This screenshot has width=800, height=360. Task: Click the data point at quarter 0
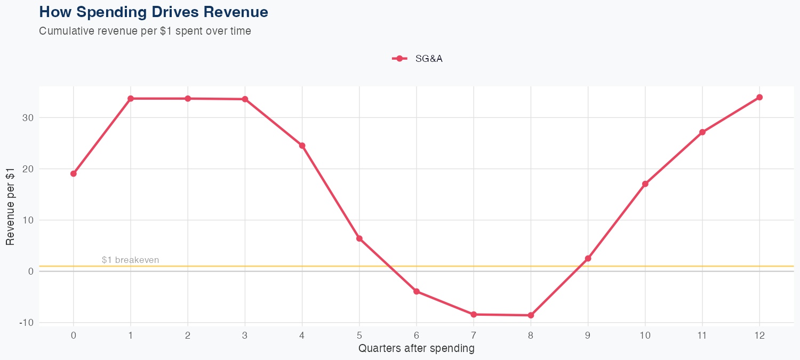(x=74, y=173)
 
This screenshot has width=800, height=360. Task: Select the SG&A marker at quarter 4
(x=302, y=146)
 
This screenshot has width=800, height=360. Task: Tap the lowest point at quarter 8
(x=531, y=315)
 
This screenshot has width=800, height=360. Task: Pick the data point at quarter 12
(x=759, y=97)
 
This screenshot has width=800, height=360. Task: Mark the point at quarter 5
(x=359, y=238)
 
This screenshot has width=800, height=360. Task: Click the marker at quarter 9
(x=588, y=259)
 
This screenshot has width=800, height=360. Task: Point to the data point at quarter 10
(x=645, y=184)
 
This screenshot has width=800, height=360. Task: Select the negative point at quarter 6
(x=417, y=291)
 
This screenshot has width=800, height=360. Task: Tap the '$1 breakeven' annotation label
(x=130, y=260)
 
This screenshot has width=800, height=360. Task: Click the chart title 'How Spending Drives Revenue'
(x=154, y=12)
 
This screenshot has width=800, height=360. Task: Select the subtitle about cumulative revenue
(x=145, y=31)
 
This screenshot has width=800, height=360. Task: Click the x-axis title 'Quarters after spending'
(x=416, y=349)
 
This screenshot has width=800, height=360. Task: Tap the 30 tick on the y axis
(x=28, y=118)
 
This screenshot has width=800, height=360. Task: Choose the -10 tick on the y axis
(x=27, y=323)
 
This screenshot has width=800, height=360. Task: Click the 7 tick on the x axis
(x=474, y=335)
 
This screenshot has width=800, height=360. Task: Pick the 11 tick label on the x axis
(x=702, y=335)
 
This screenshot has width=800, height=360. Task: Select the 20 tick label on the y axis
(x=28, y=169)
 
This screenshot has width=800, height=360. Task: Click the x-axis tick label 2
(x=188, y=335)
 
